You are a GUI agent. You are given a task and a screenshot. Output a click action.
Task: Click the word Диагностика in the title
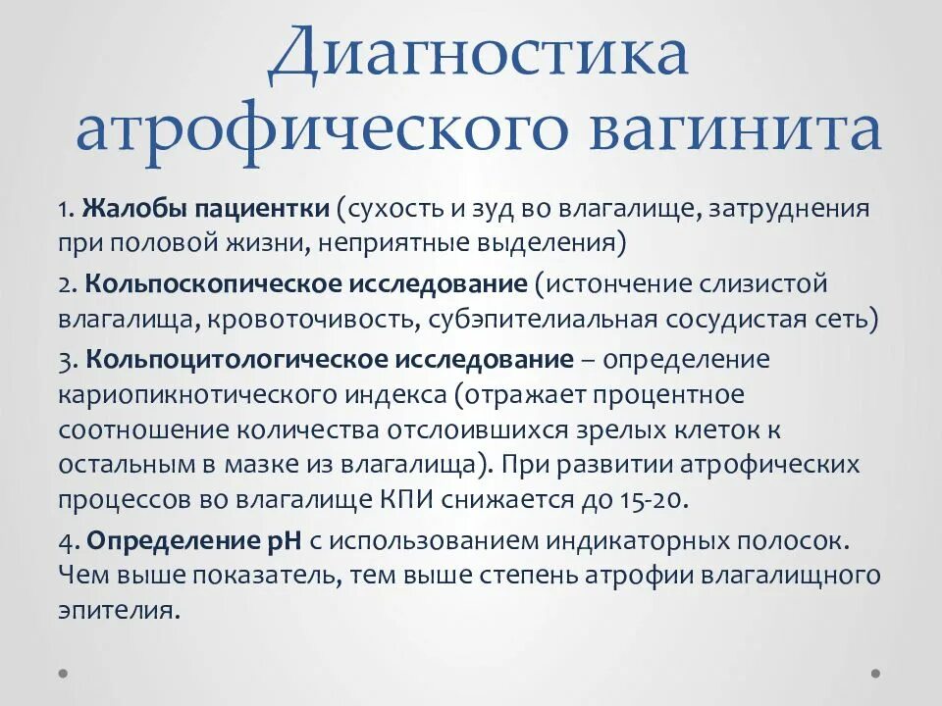(x=478, y=56)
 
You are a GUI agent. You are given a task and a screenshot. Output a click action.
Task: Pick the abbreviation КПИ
(x=403, y=498)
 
